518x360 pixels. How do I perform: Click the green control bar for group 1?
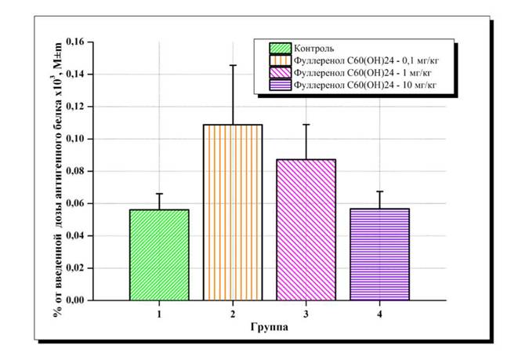pyautogui.click(x=159, y=255)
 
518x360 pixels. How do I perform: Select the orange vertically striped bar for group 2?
pyautogui.click(x=233, y=213)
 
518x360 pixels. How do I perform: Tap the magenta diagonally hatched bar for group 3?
pyautogui.click(x=306, y=230)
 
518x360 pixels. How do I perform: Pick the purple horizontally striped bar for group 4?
pyautogui.click(x=379, y=255)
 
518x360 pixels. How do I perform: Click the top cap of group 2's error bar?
pyautogui.click(x=233, y=65)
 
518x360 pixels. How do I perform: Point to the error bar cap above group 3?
pyautogui.click(x=306, y=124)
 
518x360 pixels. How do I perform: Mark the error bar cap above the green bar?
pyautogui.click(x=159, y=194)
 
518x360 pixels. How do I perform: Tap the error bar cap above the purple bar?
pyautogui.click(x=379, y=191)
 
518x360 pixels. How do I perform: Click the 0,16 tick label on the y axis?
pyautogui.click(x=75, y=42)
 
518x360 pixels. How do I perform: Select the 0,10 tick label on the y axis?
pyautogui.click(x=75, y=139)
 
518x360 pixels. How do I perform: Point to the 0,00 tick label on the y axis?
pyautogui.click(x=75, y=300)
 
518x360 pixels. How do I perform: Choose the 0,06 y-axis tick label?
pyautogui.click(x=75, y=203)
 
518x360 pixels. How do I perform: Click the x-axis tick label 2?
pyautogui.click(x=233, y=314)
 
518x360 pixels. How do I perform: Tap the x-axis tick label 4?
pyautogui.click(x=379, y=314)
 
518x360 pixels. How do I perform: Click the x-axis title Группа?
pyautogui.click(x=270, y=327)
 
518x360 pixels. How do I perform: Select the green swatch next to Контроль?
pyautogui.click(x=280, y=49)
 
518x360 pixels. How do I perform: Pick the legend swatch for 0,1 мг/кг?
pyautogui.click(x=280, y=60)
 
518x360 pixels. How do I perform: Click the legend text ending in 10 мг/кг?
pyautogui.click(x=365, y=85)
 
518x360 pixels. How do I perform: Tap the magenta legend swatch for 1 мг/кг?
pyautogui.click(x=280, y=73)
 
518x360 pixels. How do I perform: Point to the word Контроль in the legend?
pyautogui.click(x=313, y=49)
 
